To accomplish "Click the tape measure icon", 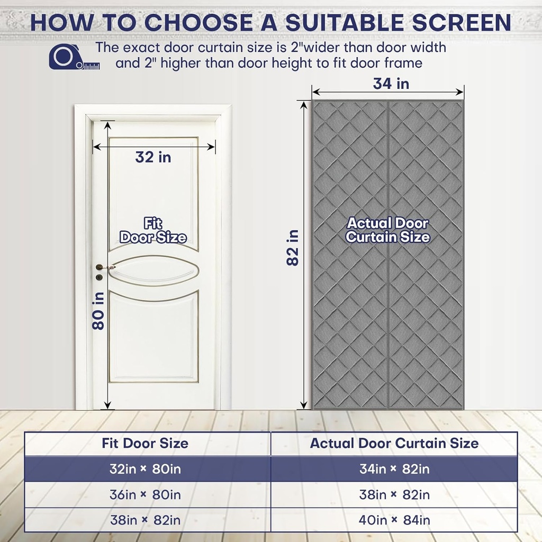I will tap(67, 57).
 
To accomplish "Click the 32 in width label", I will tap(153, 157).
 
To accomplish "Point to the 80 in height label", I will tap(99, 312).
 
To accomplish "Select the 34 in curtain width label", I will tap(391, 84).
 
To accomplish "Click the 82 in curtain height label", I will tap(293, 247).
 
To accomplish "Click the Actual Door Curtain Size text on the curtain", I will tap(387, 230).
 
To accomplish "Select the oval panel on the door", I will tap(153, 271).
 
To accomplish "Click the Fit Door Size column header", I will tap(145, 443).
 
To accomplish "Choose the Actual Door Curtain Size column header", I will tap(394, 443).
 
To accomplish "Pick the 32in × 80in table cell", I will tap(145, 469).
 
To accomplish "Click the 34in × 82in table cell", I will tap(394, 469).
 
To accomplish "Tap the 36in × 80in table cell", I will tap(145, 495).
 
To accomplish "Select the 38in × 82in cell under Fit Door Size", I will tap(145, 520).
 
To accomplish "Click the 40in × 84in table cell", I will tap(394, 520).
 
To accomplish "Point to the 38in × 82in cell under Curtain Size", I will tap(394, 495).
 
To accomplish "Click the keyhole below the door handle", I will tap(99, 277).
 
